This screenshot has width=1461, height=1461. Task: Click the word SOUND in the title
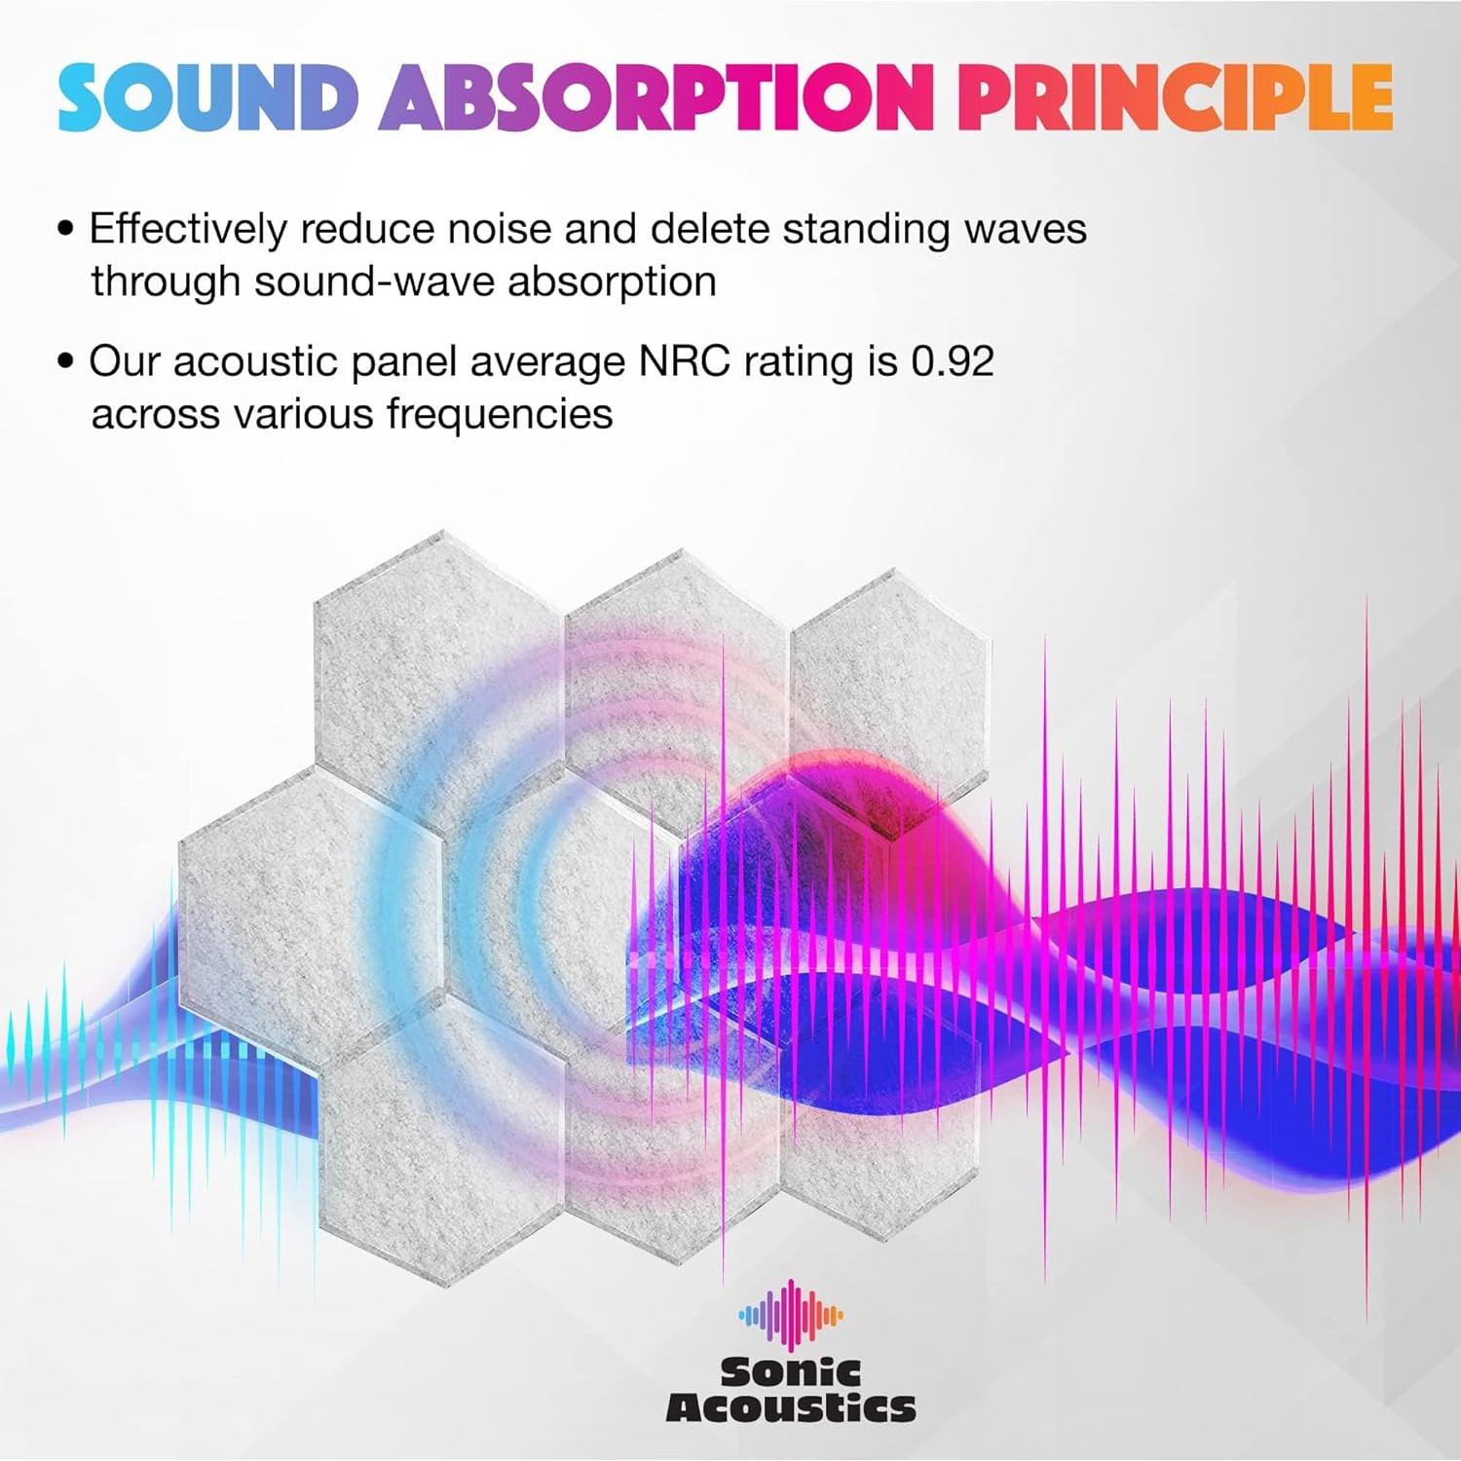(x=207, y=97)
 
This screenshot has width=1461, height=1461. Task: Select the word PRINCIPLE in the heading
(x=1174, y=97)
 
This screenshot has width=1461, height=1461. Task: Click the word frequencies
(x=500, y=415)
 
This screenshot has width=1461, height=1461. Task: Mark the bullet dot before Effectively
(x=66, y=230)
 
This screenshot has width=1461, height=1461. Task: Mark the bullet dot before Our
(x=66, y=361)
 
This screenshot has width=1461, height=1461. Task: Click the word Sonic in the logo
(x=791, y=1372)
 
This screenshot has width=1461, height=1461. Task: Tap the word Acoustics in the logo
(x=791, y=1408)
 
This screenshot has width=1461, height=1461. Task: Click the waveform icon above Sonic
(x=791, y=1315)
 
